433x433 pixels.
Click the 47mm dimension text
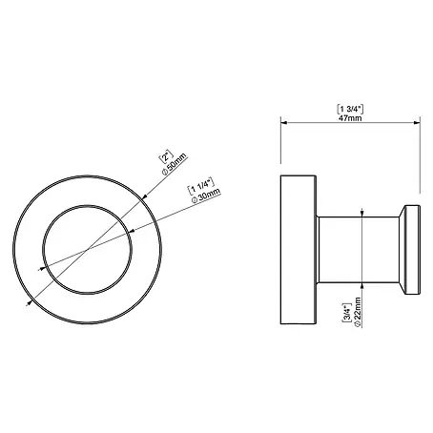[x=350, y=118]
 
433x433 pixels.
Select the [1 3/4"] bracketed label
[x=350, y=109]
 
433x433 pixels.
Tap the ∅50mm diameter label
[x=175, y=164]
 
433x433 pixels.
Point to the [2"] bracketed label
[x=166, y=156]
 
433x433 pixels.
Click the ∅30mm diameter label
[x=206, y=196]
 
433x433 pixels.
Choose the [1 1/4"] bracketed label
[x=201, y=186]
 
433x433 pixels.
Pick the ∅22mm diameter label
[x=357, y=312]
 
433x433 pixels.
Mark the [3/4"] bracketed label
[x=346, y=313]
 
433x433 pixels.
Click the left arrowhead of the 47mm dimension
[x=284, y=123]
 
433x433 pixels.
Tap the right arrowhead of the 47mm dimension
[x=417, y=123]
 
